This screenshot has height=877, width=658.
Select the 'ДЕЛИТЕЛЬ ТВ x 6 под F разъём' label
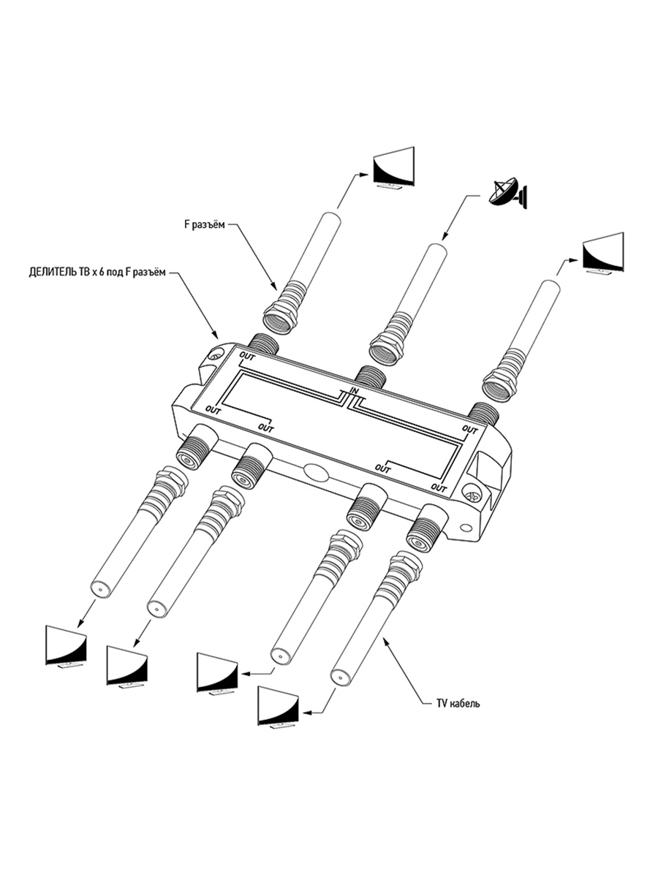(x=94, y=273)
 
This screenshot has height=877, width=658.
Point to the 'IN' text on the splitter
(x=355, y=392)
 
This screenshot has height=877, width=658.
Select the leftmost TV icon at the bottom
(x=67, y=645)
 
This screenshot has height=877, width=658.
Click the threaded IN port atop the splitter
(x=373, y=375)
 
